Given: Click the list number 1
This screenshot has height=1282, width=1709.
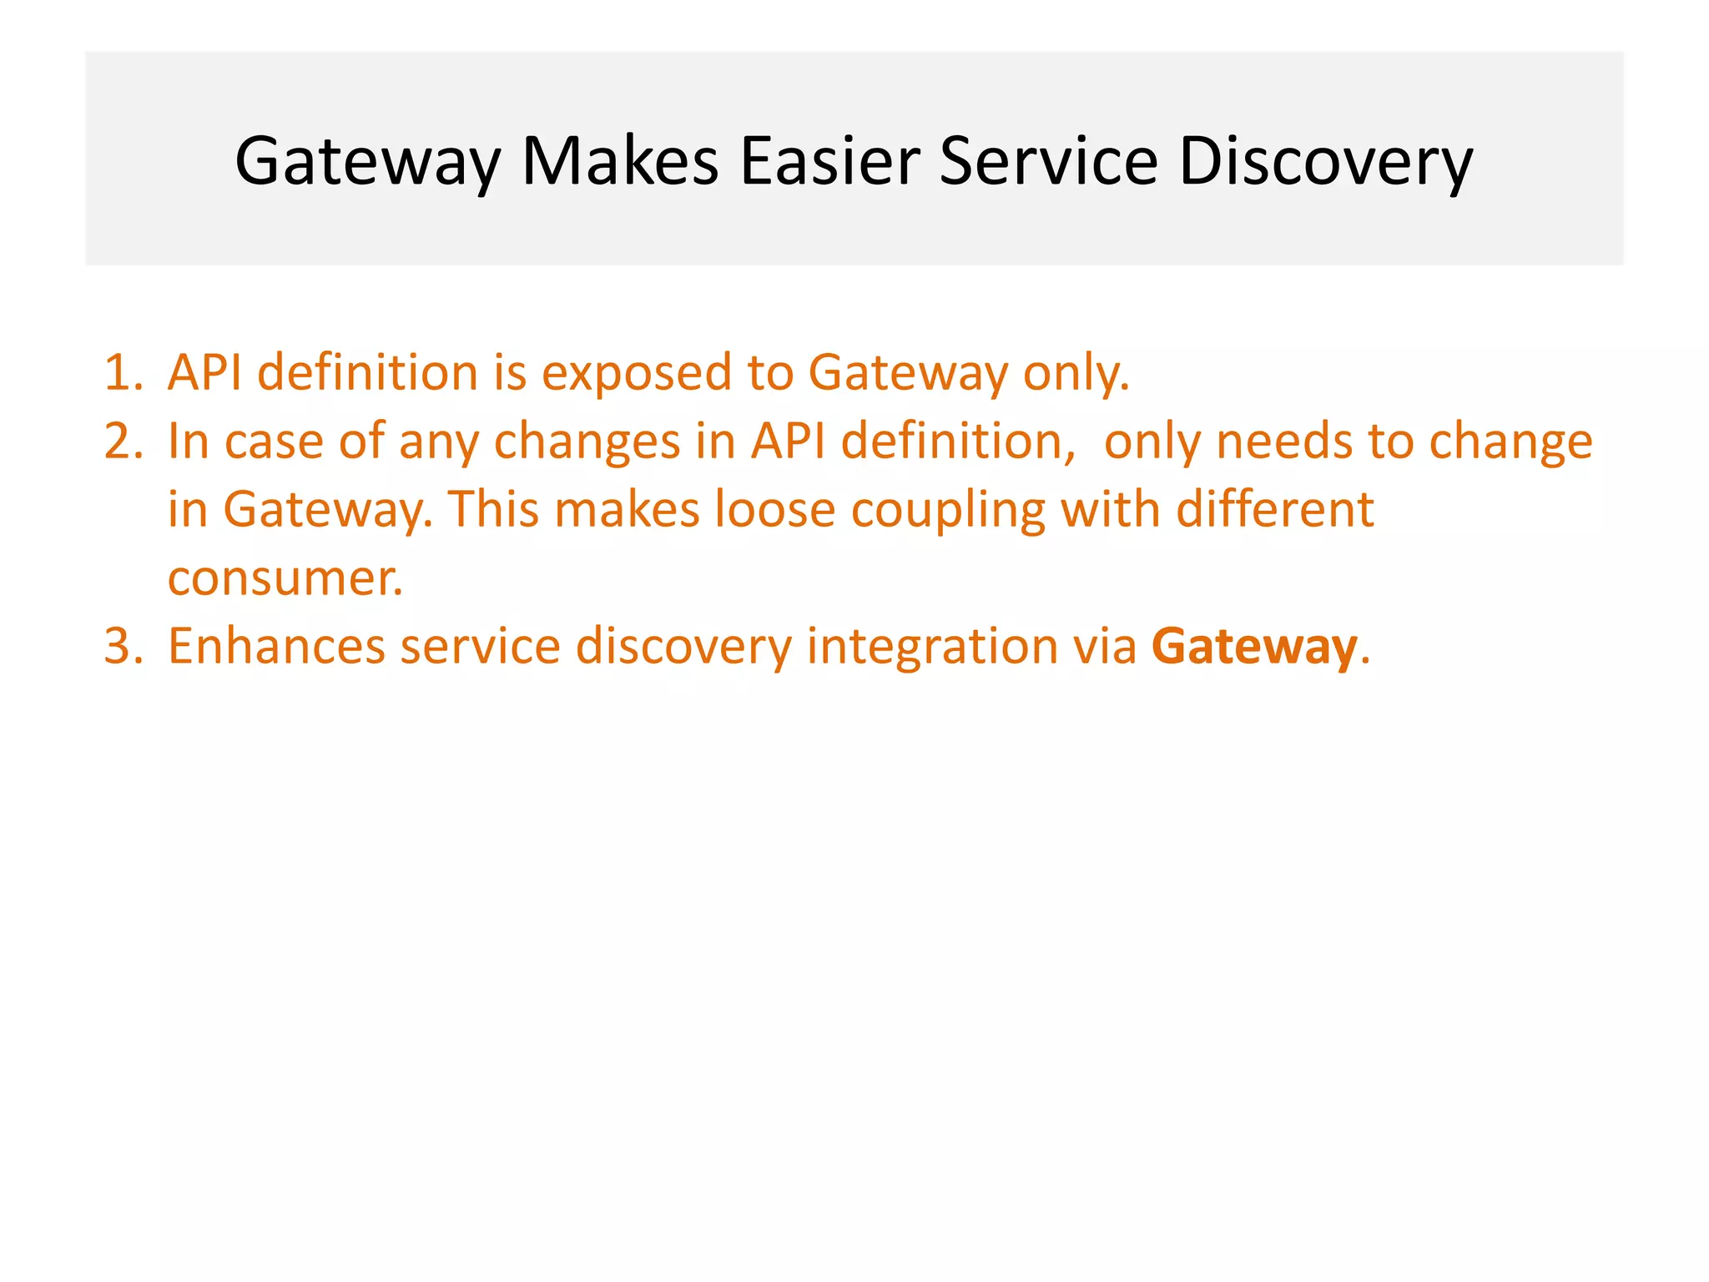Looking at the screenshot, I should [123, 372].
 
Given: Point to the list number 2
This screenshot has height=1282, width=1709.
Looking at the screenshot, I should [123, 441].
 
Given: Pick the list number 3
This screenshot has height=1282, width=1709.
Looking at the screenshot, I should [123, 646].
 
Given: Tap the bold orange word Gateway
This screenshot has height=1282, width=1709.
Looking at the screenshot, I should [1254, 648].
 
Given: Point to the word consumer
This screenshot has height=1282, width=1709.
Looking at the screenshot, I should [284, 578].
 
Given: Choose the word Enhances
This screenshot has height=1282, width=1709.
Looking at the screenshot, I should [276, 646].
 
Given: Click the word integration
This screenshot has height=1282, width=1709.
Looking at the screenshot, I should [932, 648].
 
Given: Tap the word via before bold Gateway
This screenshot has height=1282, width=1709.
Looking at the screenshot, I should [1105, 646].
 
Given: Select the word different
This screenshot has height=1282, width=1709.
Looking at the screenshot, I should [1274, 509].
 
